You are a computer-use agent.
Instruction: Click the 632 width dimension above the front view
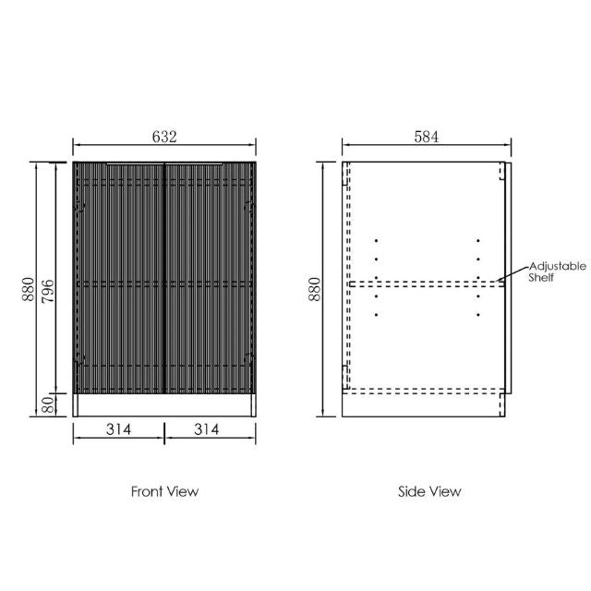coord(163,137)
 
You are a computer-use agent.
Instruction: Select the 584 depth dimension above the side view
coord(426,137)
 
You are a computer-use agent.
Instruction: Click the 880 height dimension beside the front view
coord(29,290)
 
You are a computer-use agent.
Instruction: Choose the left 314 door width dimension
coord(119,429)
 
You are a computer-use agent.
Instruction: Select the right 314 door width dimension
coord(210,429)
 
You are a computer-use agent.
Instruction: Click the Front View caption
coord(164,491)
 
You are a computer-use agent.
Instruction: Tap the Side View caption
coord(429,491)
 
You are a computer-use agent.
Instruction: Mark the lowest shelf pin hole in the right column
coord(478,315)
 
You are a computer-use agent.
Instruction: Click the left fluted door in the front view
coord(119,277)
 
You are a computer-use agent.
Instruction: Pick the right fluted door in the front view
coord(210,277)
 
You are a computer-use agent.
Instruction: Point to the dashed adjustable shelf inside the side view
coord(425,283)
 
